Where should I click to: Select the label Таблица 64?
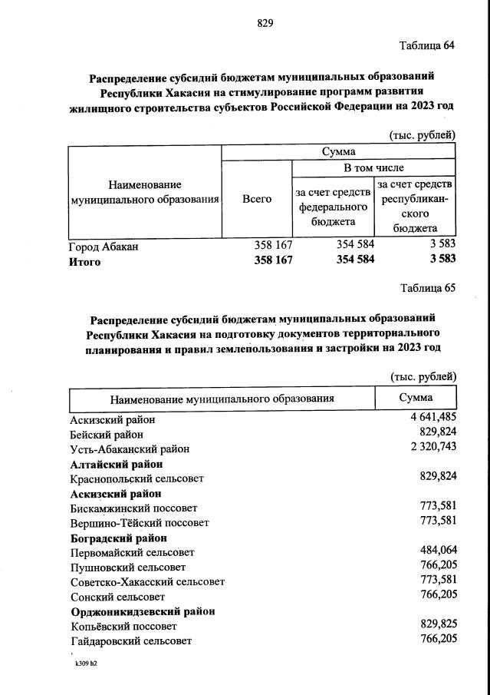coord(427,45)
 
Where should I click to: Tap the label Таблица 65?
coord(427,288)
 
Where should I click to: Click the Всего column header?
coord(256,199)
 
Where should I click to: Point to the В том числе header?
coord(373,167)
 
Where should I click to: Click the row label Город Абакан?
coord(104,247)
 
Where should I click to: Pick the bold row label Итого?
coord(85,261)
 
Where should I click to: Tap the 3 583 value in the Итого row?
coord(442,260)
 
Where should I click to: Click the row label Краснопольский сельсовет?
coord(136,478)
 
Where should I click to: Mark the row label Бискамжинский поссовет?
coord(133,508)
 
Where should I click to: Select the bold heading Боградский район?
coord(118,538)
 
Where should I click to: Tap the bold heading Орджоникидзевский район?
coord(142,611)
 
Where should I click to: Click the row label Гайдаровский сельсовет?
coord(130,640)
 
